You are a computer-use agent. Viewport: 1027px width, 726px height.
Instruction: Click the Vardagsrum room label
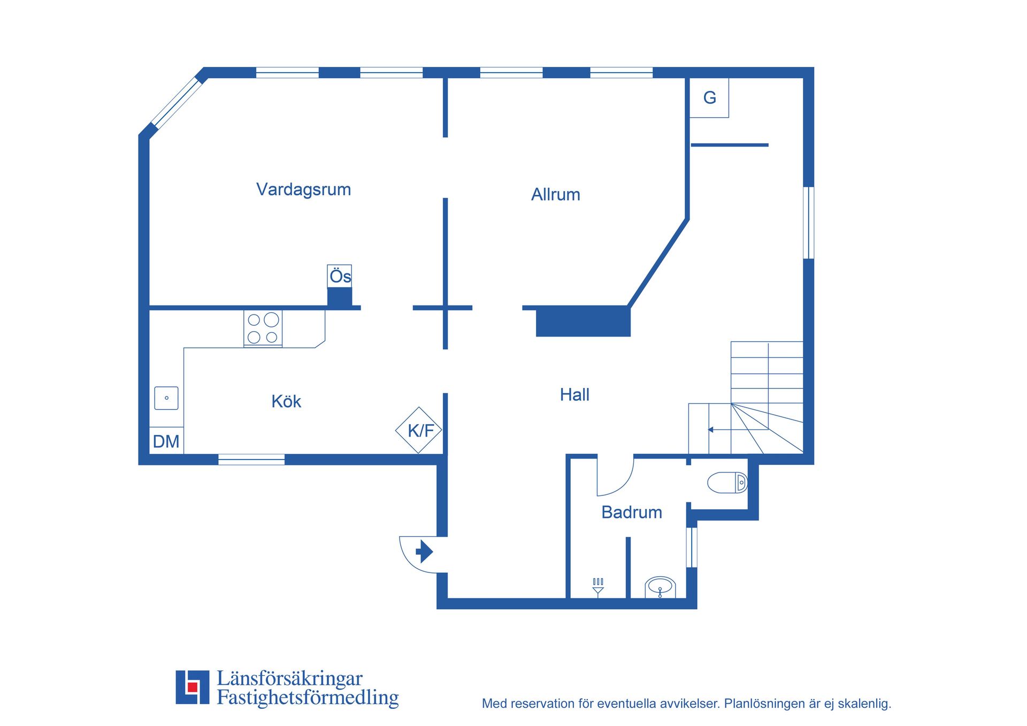tap(303, 189)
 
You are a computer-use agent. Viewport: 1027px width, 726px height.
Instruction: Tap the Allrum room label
tap(555, 194)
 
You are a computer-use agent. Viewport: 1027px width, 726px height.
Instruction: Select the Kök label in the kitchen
tap(286, 401)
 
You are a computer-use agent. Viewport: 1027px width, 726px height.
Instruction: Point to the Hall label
tap(574, 395)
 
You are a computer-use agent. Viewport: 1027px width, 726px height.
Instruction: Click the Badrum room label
tap(631, 512)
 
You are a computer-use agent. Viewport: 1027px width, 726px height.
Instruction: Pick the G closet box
tap(709, 98)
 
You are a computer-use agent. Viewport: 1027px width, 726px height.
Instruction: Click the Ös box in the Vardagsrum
tap(340, 276)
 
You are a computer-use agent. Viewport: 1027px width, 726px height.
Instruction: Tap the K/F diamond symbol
tap(419, 430)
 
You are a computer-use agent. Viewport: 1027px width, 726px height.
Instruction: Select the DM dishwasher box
tap(166, 441)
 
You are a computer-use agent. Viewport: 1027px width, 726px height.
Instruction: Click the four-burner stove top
tap(263, 328)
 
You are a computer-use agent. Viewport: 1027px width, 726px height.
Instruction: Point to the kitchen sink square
tap(166, 398)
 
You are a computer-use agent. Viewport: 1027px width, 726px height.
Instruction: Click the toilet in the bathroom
tap(727, 483)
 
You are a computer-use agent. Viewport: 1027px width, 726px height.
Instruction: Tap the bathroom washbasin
tap(660, 587)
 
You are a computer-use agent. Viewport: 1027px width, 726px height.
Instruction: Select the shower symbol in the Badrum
tap(598, 586)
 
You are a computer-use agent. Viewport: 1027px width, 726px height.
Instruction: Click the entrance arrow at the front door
tap(424, 551)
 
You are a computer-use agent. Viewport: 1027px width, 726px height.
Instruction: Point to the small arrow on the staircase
tap(711, 430)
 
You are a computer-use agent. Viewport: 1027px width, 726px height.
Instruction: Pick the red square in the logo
tap(193, 687)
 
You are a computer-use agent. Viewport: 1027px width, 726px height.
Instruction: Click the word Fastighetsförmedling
tap(308, 698)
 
